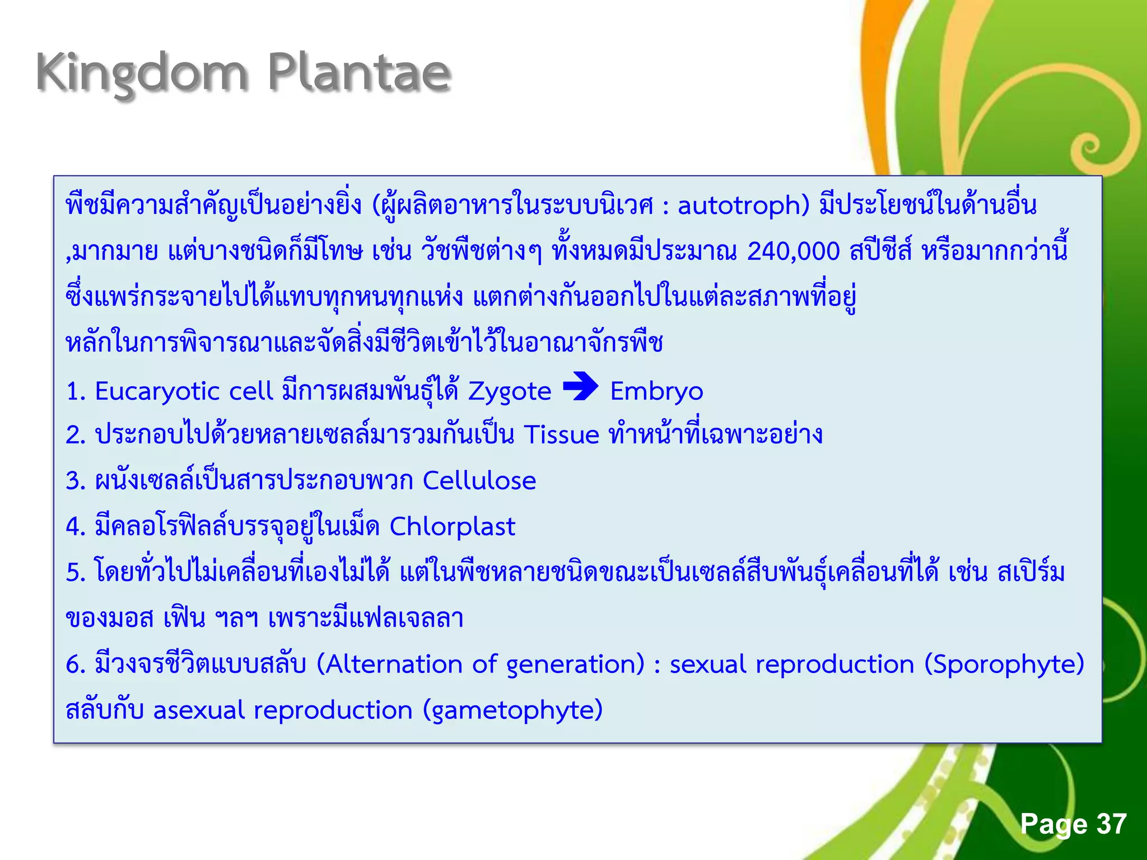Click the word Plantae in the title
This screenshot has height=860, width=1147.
pyautogui.click(x=359, y=73)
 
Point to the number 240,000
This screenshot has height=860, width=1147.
pyautogui.click(x=793, y=251)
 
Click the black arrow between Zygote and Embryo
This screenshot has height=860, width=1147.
pyautogui.click(x=580, y=386)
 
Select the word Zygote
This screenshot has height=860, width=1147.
pyautogui.click(x=510, y=391)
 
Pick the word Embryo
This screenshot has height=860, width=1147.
pyautogui.click(x=656, y=391)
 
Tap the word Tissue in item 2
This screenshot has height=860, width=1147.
pyautogui.click(x=562, y=435)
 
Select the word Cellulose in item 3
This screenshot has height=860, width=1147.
pyautogui.click(x=479, y=480)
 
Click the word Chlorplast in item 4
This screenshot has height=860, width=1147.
pyautogui.click(x=452, y=527)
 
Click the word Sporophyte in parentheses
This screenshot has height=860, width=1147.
pyautogui.click(x=1004, y=665)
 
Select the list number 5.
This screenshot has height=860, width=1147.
pyautogui.click(x=74, y=573)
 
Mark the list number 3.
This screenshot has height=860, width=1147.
pyautogui.click(x=74, y=481)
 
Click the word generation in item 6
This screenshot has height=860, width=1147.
pyautogui.click(x=575, y=665)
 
